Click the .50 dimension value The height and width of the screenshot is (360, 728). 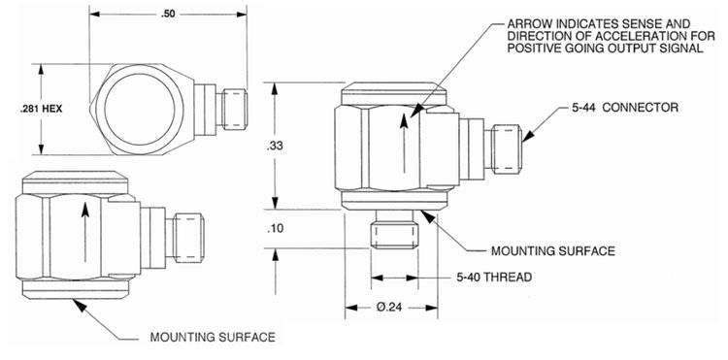pyautogui.click(x=168, y=14)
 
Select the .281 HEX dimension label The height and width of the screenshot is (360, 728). pyautogui.click(x=42, y=110)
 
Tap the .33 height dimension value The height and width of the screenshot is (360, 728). pyautogui.click(x=276, y=147)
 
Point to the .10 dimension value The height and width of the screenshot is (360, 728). pyautogui.click(x=276, y=229)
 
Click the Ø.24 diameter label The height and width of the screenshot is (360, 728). pyautogui.click(x=388, y=308)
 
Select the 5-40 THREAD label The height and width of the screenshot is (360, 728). pyautogui.click(x=494, y=278)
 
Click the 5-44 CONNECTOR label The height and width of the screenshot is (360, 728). pyautogui.click(x=625, y=108)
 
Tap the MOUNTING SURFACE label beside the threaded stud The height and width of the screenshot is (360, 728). pyautogui.click(x=553, y=251)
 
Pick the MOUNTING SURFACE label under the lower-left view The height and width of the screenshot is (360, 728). pyautogui.click(x=213, y=337)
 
